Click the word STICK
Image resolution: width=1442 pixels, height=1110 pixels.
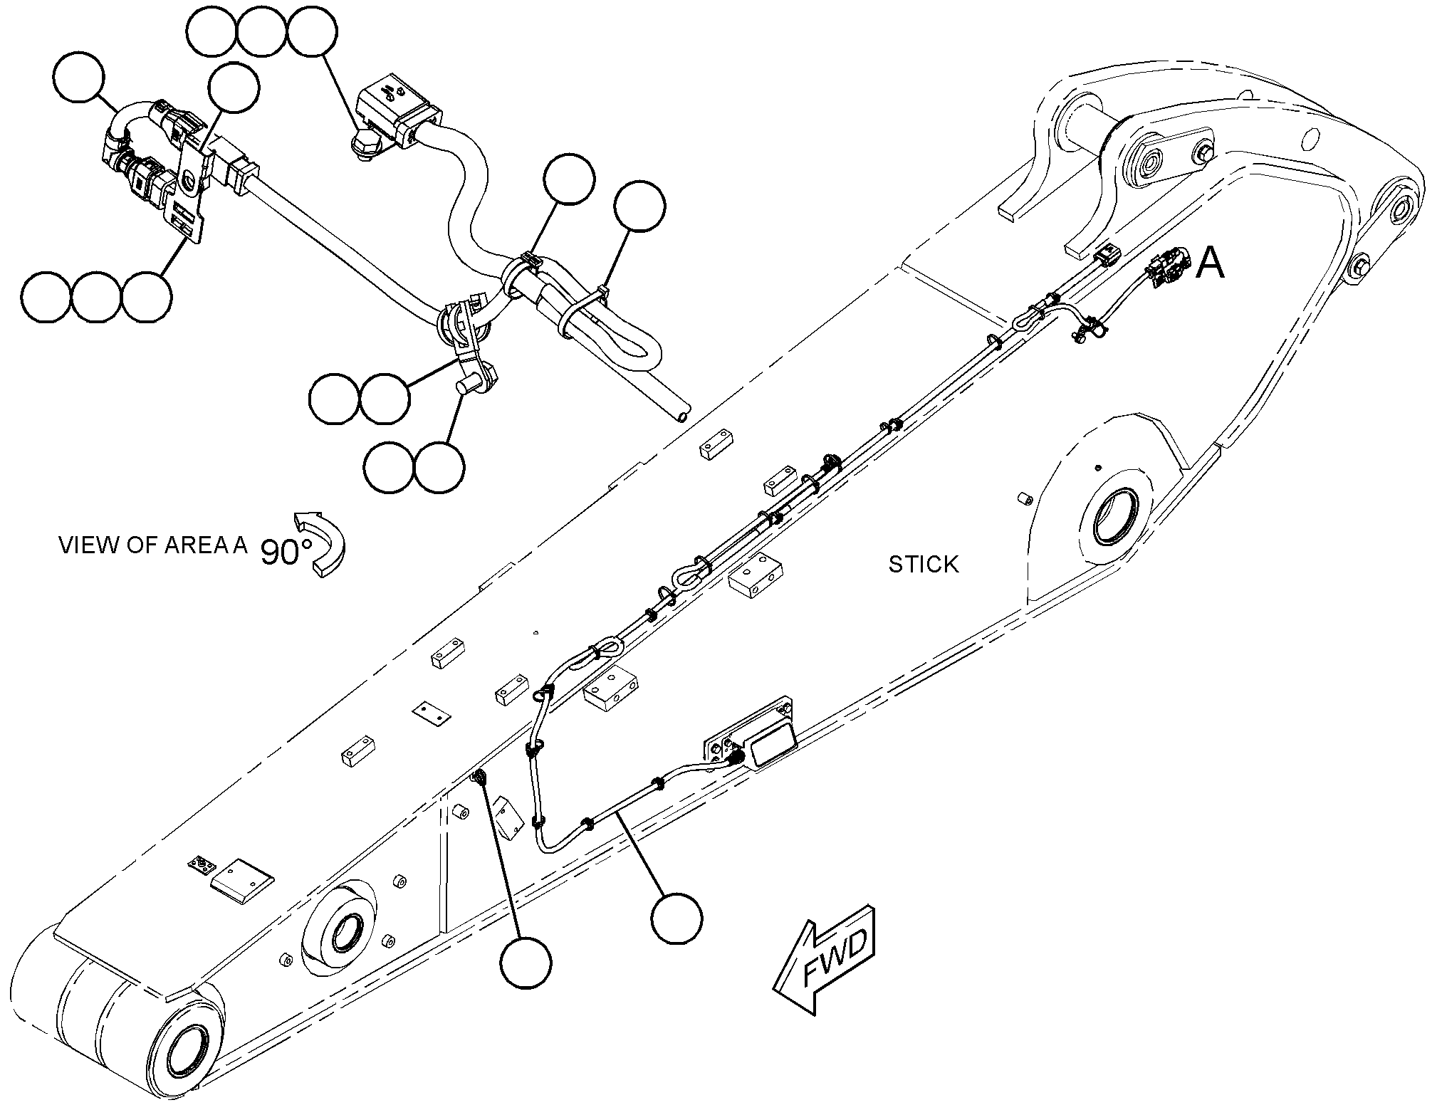point(924,565)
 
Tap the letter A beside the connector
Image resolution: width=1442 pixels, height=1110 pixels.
point(1210,263)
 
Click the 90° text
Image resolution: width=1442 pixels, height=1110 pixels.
point(286,551)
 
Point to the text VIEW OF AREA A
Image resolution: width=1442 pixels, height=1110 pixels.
point(153,545)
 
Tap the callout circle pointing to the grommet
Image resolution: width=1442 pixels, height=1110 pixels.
point(526,963)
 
